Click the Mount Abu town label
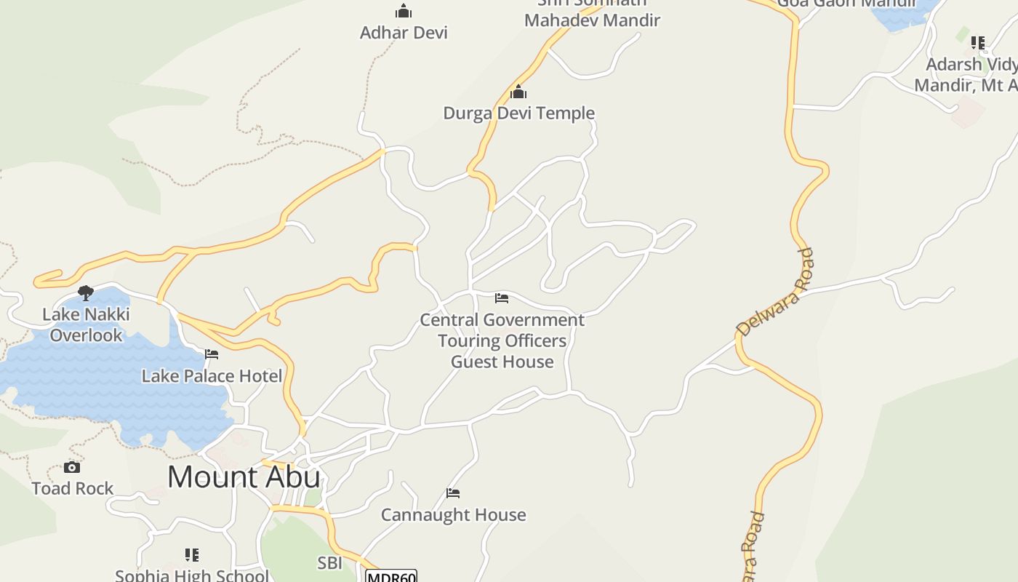click(x=244, y=477)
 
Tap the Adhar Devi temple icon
click(x=404, y=11)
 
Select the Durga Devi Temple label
click(x=518, y=113)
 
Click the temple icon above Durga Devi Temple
click(x=518, y=92)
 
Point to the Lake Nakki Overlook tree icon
click(x=86, y=293)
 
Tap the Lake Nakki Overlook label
click(x=86, y=324)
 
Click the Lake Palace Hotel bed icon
click(x=212, y=354)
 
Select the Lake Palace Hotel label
click(x=212, y=376)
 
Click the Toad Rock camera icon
click(x=72, y=467)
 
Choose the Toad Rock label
click(x=72, y=488)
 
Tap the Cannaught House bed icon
click(x=453, y=493)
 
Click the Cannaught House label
click(x=453, y=515)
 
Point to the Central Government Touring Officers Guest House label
click(x=502, y=340)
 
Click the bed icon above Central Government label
click(x=502, y=298)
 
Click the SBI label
click(x=329, y=562)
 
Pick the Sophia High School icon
click(x=192, y=555)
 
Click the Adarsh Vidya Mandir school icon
click(x=978, y=43)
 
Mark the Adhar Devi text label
click(x=404, y=33)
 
